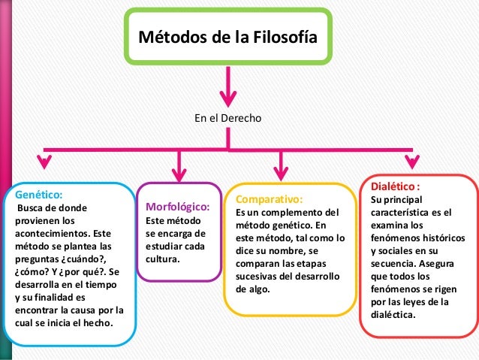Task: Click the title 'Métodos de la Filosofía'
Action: [x=224, y=37]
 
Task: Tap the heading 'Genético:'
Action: [x=35, y=192]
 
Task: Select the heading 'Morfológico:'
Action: [x=177, y=207]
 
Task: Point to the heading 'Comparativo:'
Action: [x=269, y=200]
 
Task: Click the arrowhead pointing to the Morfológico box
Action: [x=179, y=171]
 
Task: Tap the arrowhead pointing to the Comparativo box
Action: [x=282, y=171]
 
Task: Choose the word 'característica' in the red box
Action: [x=402, y=212]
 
